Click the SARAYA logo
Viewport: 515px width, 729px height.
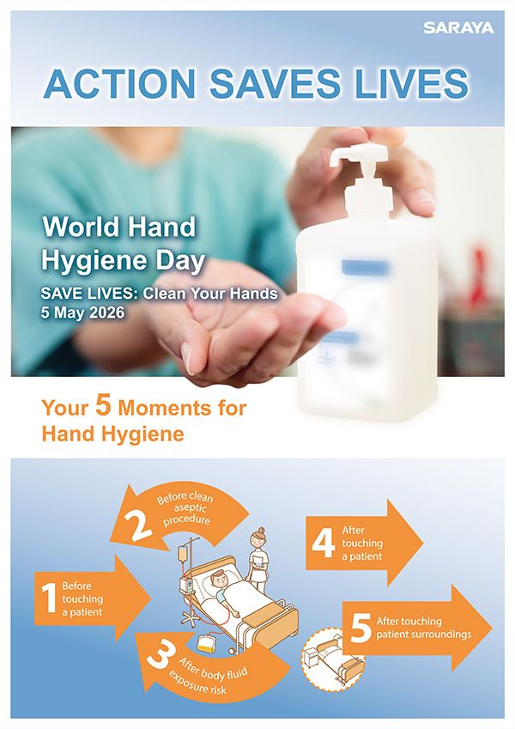[458, 28]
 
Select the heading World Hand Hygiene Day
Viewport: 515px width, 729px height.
[119, 242]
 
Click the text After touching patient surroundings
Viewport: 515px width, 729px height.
[423, 628]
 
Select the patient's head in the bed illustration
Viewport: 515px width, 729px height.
[224, 579]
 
